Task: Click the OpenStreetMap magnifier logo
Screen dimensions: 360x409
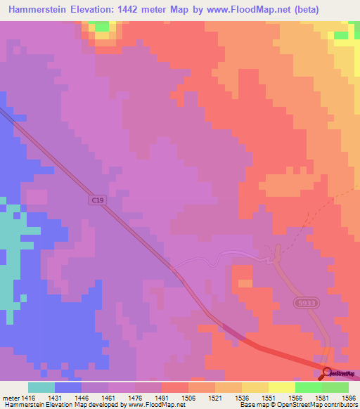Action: (328, 373)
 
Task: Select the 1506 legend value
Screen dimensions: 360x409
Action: (188, 397)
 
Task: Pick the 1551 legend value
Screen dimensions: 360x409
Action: (268, 397)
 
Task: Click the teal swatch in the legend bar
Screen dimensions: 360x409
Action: (41, 387)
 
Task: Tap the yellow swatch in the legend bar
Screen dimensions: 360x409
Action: (281, 387)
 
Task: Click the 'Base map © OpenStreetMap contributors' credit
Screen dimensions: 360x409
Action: (298, 405)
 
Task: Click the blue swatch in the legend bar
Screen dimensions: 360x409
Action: (67, 387)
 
